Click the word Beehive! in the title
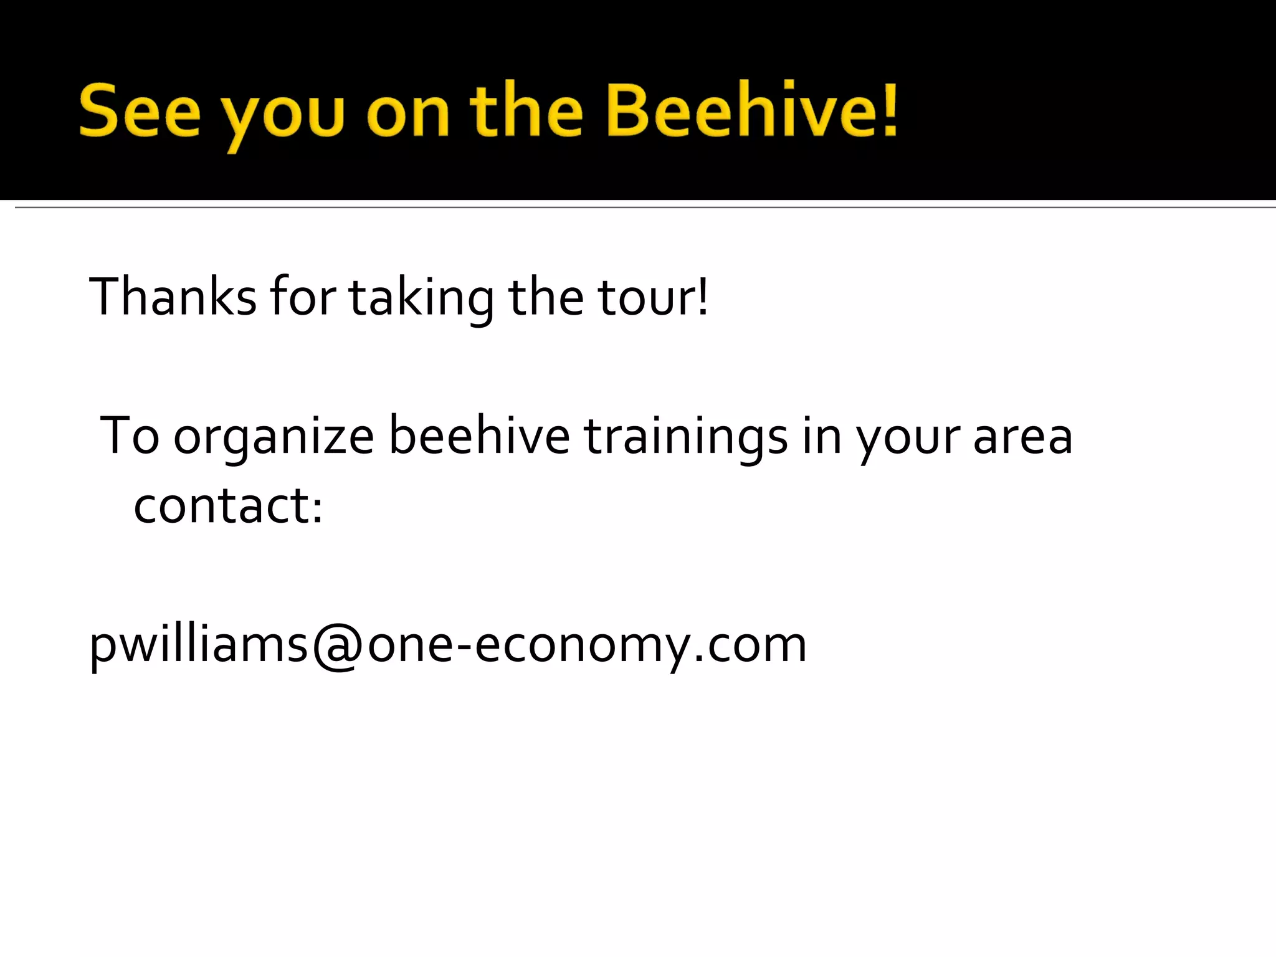point(752,111)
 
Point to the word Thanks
point(173,297)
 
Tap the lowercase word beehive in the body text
point(479,436)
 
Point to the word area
point(1022,437)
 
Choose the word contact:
point(228,505)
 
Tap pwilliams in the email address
point(198,645)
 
